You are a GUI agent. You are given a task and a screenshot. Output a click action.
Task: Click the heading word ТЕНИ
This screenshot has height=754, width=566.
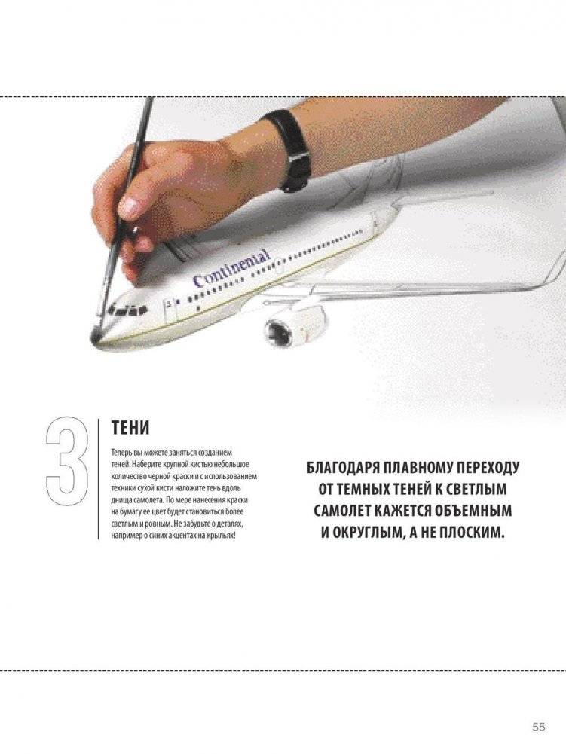(x=130, y=427)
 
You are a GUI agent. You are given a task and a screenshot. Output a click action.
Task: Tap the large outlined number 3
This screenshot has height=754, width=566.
(x=67, y=461)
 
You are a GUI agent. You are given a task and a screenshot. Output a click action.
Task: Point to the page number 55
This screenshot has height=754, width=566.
(x=539, y=727)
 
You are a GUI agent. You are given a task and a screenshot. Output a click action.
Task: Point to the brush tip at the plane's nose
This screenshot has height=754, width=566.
(x=95, y=332)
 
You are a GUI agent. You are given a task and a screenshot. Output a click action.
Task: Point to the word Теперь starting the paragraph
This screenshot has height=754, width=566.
(x=120, y=453)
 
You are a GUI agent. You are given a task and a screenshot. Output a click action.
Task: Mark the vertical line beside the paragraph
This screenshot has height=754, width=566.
(x=99, y=478)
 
